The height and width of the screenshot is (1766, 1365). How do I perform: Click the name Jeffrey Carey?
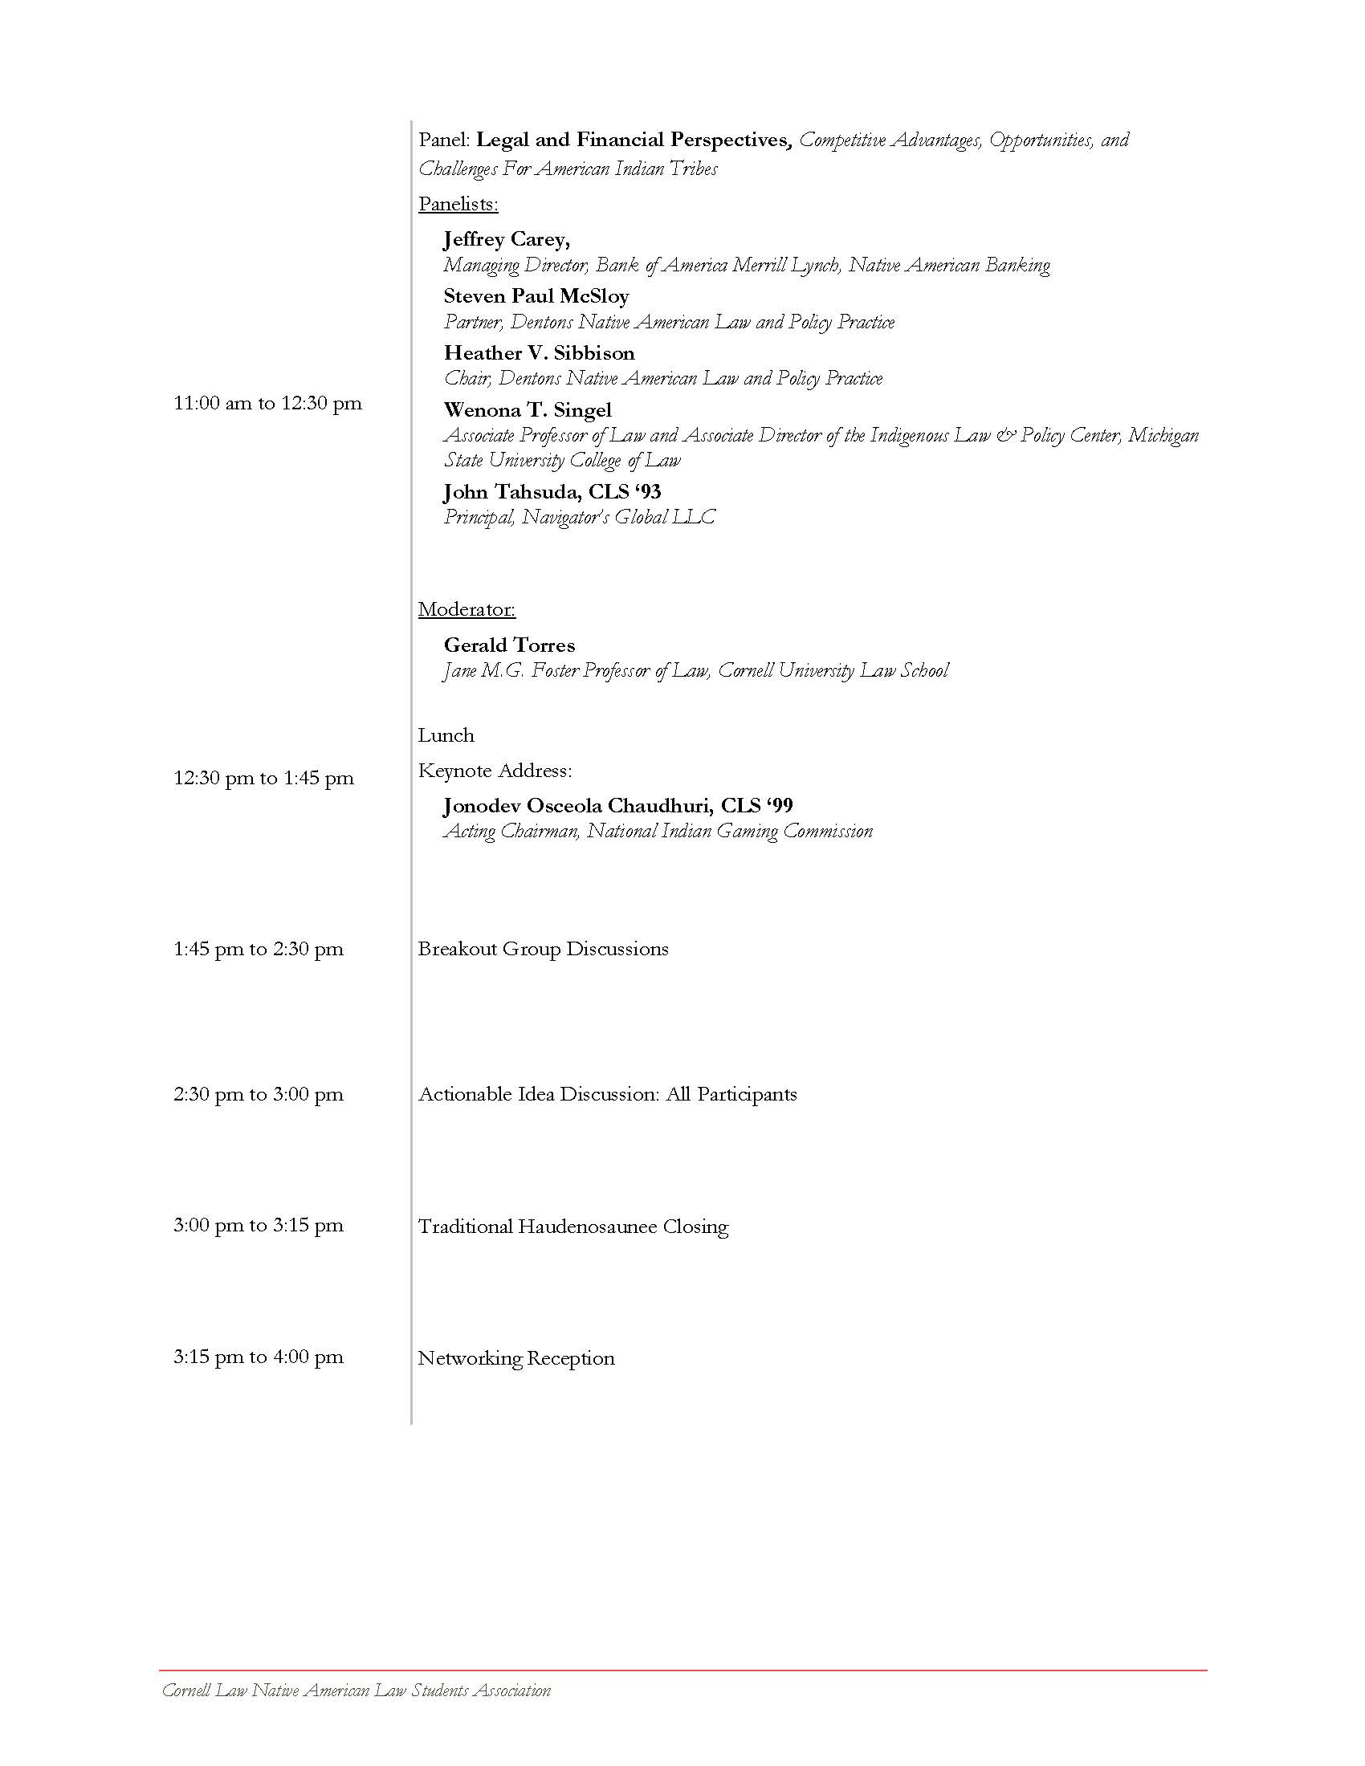tap(506, 239)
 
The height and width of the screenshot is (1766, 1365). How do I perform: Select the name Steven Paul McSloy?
tap(536, 296)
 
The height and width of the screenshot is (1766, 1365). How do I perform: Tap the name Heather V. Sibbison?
tap(539, 353)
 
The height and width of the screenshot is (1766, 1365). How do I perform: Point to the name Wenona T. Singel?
tap(528, 410)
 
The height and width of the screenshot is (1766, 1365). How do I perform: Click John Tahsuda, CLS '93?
tap(552, 491)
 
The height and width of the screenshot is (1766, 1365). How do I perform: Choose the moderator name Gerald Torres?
tap(509, 645)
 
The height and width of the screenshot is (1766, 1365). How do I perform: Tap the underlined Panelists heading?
tap(458, 204)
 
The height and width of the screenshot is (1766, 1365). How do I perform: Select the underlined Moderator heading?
tap(467, 609)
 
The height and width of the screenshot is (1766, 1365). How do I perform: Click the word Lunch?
tap(446, 735)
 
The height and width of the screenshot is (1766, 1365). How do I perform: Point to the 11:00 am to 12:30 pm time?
tap(267, 403)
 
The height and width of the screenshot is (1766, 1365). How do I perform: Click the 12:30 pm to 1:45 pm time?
tap(263, 778)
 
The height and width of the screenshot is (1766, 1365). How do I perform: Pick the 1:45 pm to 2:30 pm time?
tap(258, 949)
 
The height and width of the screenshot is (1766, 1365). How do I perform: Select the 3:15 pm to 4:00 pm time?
tap(258, 1357)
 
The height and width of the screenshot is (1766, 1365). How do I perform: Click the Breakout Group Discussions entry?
tap(543, 949)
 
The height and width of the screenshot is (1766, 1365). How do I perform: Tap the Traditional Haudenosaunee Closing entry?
tap(572, 1227)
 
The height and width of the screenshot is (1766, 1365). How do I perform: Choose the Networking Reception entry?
tap(516, 1358)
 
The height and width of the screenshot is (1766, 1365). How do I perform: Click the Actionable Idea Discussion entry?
tap(606, 1094)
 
